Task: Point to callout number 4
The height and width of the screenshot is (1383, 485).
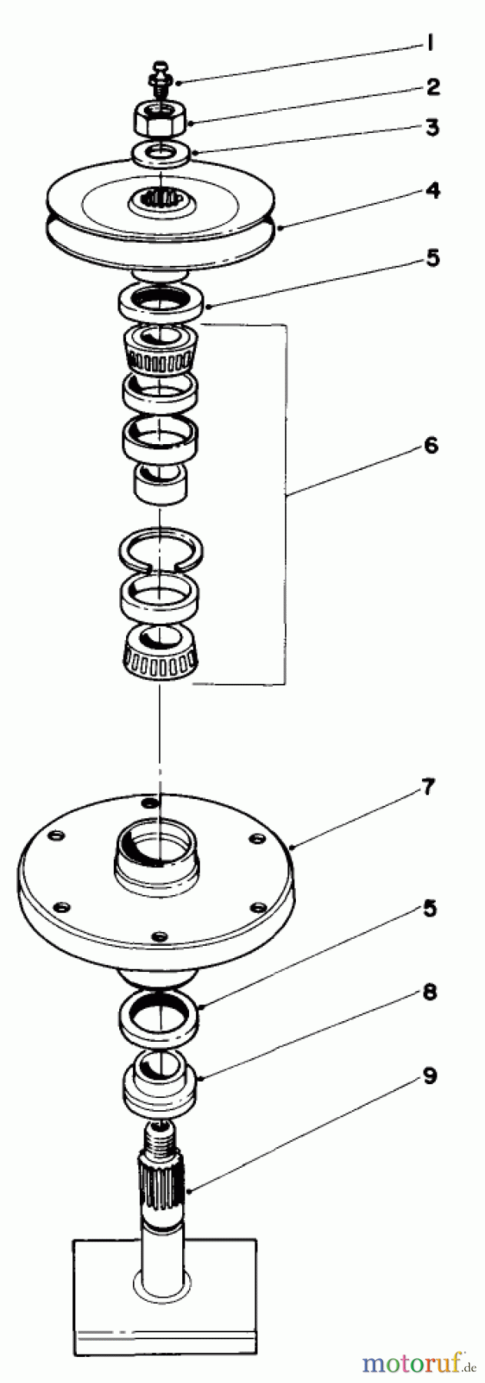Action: [433, 191]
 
